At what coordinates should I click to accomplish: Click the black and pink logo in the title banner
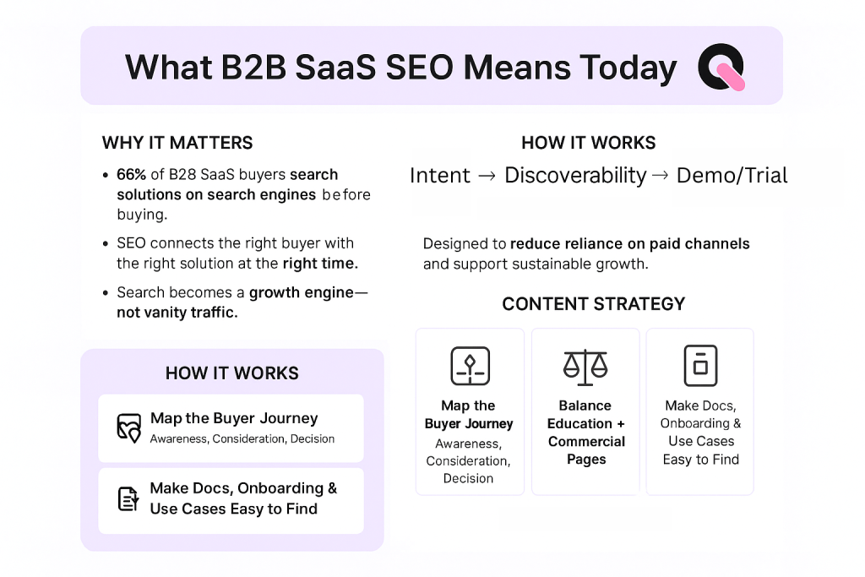721,68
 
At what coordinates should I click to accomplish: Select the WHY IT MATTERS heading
177,143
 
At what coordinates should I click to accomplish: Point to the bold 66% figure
132,175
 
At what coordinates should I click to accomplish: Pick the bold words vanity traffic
177,312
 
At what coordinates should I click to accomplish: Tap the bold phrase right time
320,264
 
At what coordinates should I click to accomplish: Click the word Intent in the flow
440,176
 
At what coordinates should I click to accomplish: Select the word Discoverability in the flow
575,176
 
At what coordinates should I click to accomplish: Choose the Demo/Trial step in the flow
732,176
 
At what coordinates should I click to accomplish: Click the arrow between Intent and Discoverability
487,176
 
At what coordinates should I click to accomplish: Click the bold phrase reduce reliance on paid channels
629,244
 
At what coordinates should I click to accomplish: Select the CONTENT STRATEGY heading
594,304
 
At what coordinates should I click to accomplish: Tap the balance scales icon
585,365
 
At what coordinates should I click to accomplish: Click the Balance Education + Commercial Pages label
585,433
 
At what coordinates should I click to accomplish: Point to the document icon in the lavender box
128,499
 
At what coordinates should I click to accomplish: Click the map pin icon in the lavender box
128,428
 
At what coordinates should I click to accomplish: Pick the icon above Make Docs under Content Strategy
699,365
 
